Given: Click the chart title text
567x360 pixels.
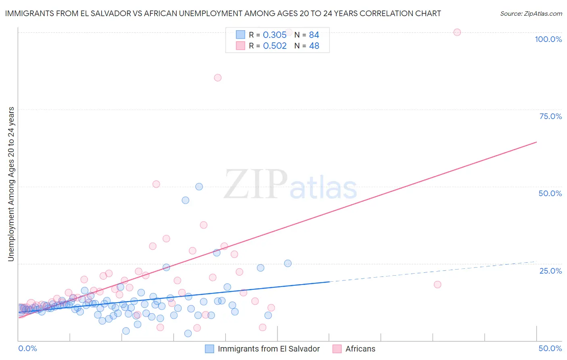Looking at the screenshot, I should click(x=223, y=13).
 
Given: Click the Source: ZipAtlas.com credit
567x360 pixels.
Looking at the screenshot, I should click(x=531, y=14).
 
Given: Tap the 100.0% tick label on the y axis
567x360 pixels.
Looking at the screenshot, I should click(x=548, y=39).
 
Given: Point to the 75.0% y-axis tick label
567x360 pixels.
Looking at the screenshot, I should click(x=550, y=116).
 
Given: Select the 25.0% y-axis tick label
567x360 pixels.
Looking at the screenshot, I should click(x=550, y=271).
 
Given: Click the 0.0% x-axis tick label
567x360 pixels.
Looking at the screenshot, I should click(x=27, y=348).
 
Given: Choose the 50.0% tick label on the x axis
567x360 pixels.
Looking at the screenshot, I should click(x=550, y=348).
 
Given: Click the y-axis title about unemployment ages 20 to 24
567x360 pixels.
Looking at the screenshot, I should click(x=11, y=184).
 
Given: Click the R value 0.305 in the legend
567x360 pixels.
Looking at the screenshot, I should click(x=275, y=35).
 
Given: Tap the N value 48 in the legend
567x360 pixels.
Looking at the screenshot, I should click(x=314, y=46).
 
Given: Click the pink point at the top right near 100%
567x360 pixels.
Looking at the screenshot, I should click(x=457, y=32).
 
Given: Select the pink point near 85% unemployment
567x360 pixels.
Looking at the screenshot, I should click(x=218, y=77).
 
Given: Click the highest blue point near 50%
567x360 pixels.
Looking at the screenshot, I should click(x=199, y=186).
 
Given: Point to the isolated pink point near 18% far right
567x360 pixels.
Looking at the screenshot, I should click(x=438, y=285).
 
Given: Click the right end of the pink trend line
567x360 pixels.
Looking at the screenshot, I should click(x=536, y=142).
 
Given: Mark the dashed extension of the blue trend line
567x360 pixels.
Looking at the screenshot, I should click(x=432, y=272).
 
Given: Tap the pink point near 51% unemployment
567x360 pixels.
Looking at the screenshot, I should click(x=156, y=184).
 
